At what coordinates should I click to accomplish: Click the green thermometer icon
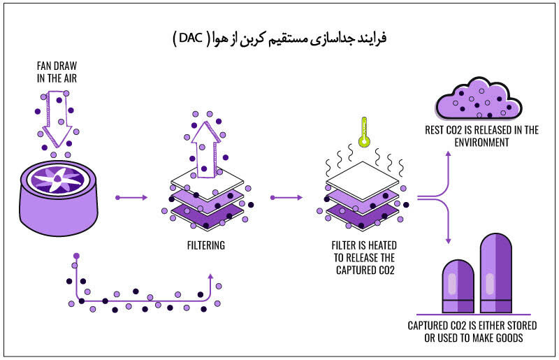click(364, 132)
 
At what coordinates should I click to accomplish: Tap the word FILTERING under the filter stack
click(206, 245)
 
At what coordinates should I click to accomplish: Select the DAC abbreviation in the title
click(191, 38)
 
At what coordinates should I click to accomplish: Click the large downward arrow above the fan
click(57, 119)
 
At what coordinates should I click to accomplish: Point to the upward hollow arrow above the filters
click(205, 150)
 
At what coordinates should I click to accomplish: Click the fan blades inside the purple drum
click(57, 180)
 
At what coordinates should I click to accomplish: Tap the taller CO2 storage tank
click(496, 273)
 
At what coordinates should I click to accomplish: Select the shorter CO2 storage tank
click(458, 286)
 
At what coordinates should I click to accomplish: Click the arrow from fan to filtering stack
click(131, 197)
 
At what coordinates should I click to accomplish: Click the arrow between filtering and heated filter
click(286, 197)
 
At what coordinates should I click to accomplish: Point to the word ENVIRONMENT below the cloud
click(481, 143)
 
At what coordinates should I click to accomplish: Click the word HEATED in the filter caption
click(382, 245)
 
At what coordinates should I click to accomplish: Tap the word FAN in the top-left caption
click(43, 66)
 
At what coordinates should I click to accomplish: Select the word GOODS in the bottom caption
click(509, 338)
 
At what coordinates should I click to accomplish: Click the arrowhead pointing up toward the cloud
click(449, 154)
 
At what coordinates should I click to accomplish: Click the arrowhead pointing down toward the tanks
click(449, 241)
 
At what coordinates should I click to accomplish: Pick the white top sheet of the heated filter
click(362, 176)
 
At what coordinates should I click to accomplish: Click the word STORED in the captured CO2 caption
click(521, 325)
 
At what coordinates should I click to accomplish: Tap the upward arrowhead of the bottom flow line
click(210, 277)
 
